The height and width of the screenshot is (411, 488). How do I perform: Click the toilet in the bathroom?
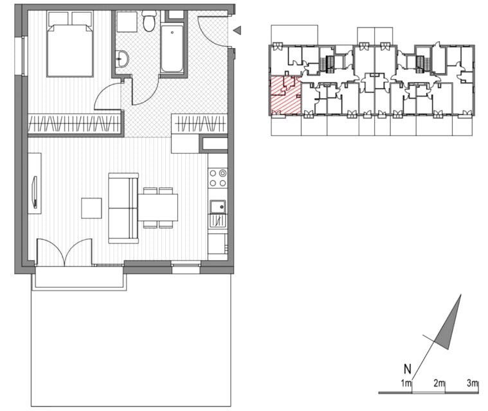(x=149, y=21)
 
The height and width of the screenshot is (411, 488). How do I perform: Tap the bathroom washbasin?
(x=122, y=58)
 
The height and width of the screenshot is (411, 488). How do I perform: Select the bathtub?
(x=172, y=49)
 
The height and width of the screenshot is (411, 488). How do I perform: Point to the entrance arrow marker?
(x=237, y=30)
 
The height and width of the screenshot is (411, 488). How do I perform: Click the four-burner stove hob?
(x=217, y=177)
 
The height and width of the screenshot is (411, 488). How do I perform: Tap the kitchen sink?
(x=217, y=206)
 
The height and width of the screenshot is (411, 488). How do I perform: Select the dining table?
(x=158, y=207)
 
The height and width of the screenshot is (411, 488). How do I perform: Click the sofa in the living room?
(x=123, y=208)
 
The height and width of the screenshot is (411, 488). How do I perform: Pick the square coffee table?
(x=91, y=208)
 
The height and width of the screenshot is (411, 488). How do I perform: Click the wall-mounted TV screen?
(x=35, y=192)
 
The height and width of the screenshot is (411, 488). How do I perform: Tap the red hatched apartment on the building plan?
(x=285, y=96)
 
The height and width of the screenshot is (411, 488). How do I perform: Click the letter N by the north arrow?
(x=408, y=369)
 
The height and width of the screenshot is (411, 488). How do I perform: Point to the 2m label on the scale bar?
(x=439, y=383)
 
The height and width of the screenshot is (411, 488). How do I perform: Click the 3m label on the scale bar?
(x=473, y=383)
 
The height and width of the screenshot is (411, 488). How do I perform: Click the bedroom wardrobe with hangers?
(x=74, y=123)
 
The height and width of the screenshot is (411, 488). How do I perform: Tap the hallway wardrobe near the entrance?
(x=199, y=123)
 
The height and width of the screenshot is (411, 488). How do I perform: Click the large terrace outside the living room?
(x=131, y=342)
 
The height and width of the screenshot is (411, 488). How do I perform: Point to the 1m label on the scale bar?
(x=406, y=383)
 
